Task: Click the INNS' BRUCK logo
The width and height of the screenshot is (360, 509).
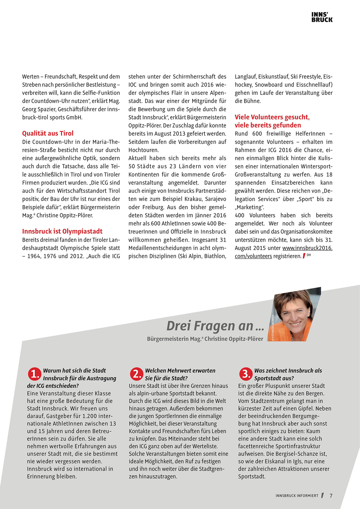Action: coord(322,17)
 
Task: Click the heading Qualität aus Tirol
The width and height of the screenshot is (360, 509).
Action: coord(48,133)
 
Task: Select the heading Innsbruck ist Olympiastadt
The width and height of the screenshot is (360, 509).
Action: coord(62,231)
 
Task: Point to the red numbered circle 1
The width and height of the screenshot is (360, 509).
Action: coord(35,374)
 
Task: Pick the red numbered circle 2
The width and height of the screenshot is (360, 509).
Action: coord(137,374)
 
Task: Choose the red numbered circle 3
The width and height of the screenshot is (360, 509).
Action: coord(246,374)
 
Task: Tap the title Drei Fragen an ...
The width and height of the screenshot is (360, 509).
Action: coord(215,326)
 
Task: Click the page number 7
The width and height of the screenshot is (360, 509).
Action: coord(331,496)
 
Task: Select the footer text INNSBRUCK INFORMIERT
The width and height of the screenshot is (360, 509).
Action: coord(297,496)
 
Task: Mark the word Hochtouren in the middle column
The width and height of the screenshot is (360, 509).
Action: coord(143,150)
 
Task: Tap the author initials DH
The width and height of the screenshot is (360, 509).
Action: coord(309,255)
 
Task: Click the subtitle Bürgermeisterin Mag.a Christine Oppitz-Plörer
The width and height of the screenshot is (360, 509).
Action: coord(205,339)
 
